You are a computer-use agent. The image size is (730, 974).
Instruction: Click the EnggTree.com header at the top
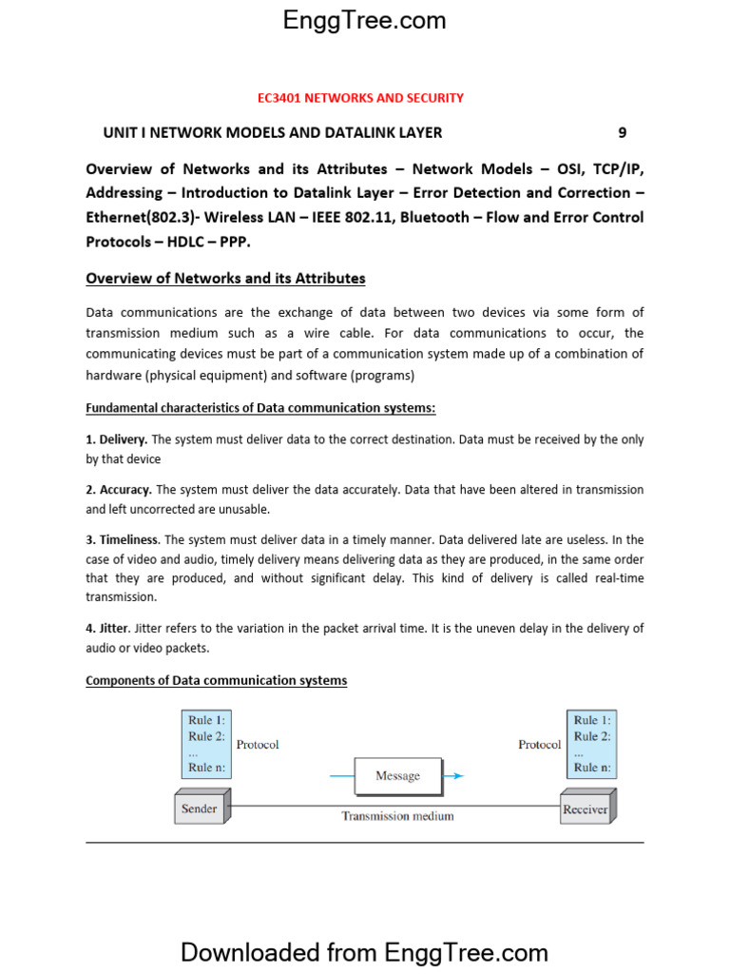tap(364, 21)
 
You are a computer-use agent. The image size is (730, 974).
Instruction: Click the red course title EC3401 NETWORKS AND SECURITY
tap(361, 98)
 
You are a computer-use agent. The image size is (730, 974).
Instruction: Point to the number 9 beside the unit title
tap(623, 133)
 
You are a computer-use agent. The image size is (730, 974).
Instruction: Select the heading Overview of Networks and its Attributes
tap(225, 279)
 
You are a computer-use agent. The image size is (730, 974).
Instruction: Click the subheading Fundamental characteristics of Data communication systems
tap(260, 408)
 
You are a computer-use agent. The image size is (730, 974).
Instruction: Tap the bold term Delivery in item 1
tap(124, 439)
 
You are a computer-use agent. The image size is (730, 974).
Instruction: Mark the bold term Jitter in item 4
tap(114, 629)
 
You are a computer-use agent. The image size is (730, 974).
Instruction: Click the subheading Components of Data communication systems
tap(216, 681)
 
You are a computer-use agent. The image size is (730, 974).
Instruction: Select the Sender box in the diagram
tap(200, 809)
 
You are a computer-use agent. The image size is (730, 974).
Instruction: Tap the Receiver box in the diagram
tap(586, 809)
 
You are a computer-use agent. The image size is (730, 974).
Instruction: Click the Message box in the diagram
tap(397, 776)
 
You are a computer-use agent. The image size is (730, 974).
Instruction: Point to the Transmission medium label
tap(397, 816)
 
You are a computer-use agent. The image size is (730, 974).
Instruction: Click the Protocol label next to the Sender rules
tap(258, 745)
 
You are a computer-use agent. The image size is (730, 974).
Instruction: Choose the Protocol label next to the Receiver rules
tap(539, 745)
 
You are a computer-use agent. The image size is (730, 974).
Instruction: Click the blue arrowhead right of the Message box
tap(458, 776)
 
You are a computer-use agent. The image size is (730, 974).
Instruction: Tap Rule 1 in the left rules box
tap(206, 721)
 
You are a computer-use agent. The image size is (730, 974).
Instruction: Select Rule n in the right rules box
tap(592, 768)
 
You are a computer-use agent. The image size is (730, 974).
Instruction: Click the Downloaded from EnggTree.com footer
tap(364, 952)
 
